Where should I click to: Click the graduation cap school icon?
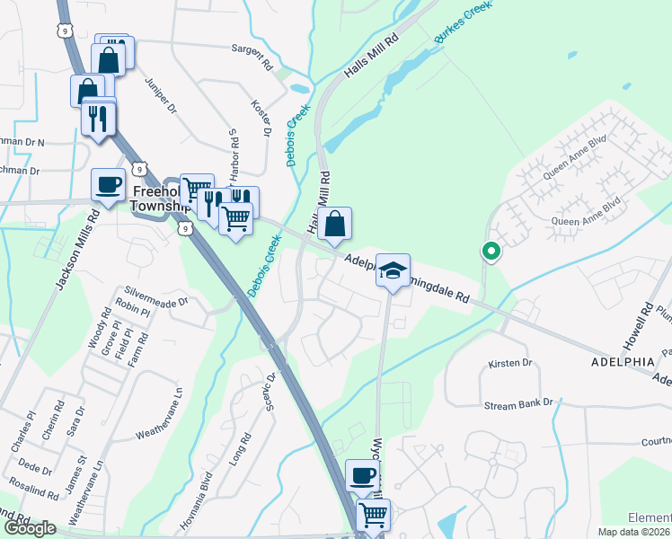click(393, 269)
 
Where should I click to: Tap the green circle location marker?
click(491, 252)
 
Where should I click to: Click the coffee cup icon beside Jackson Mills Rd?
click(109, 184)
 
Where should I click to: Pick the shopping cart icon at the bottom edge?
click(373, 515)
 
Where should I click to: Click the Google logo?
click(30, 528)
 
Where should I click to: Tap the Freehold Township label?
click(163, 199)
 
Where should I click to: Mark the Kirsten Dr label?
click(510, 364)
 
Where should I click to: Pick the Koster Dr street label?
click(261, 118)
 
